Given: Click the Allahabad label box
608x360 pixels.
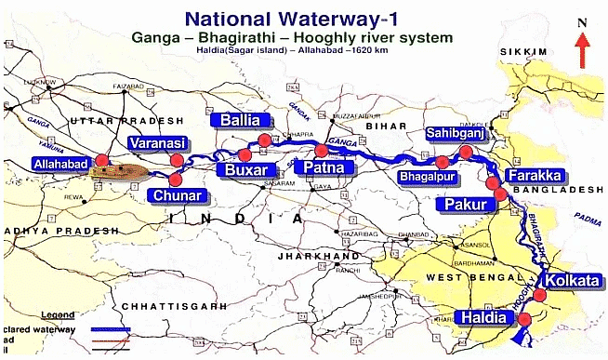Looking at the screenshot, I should point(62,163).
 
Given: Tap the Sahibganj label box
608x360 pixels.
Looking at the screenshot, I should point(453,133).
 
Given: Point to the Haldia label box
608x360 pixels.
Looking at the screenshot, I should point(484,318).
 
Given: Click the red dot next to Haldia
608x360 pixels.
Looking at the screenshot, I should point(524,320).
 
